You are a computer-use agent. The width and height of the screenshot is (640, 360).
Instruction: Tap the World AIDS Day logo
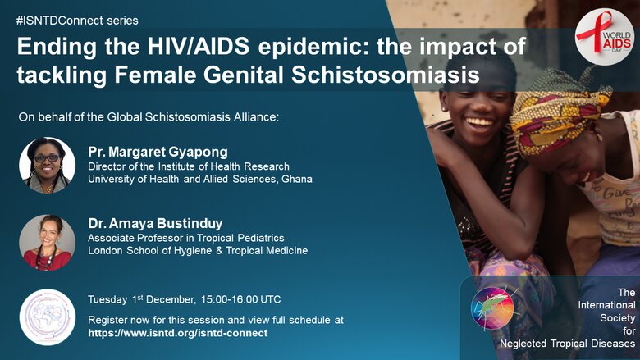tap(605, 37)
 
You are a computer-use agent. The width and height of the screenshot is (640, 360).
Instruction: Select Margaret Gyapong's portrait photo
tap(48, 165)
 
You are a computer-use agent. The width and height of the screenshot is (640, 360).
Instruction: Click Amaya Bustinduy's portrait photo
tap(48, 243)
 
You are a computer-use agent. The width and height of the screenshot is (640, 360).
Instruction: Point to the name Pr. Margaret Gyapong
tap(158, 152)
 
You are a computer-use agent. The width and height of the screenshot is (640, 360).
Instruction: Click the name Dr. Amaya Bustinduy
tap(156, 223)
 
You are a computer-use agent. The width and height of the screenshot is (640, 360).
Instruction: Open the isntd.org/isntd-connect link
tap(178, 333)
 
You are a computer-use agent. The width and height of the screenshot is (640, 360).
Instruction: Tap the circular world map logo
tap(48, 317)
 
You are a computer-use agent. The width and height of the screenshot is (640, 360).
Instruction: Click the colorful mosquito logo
tap(493, 308)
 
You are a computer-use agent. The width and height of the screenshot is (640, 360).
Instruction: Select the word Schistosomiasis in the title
tap(386, 75)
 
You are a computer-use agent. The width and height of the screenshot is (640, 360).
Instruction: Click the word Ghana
tap(297, 179)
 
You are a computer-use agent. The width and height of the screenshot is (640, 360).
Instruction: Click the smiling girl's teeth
tap(480, 121)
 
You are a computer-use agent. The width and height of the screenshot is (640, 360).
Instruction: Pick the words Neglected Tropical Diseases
tap(567, 344)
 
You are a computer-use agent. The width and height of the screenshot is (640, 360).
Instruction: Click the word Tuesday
tap(107, 300)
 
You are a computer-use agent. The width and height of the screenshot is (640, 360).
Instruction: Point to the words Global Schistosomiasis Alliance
tap(193, 117)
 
